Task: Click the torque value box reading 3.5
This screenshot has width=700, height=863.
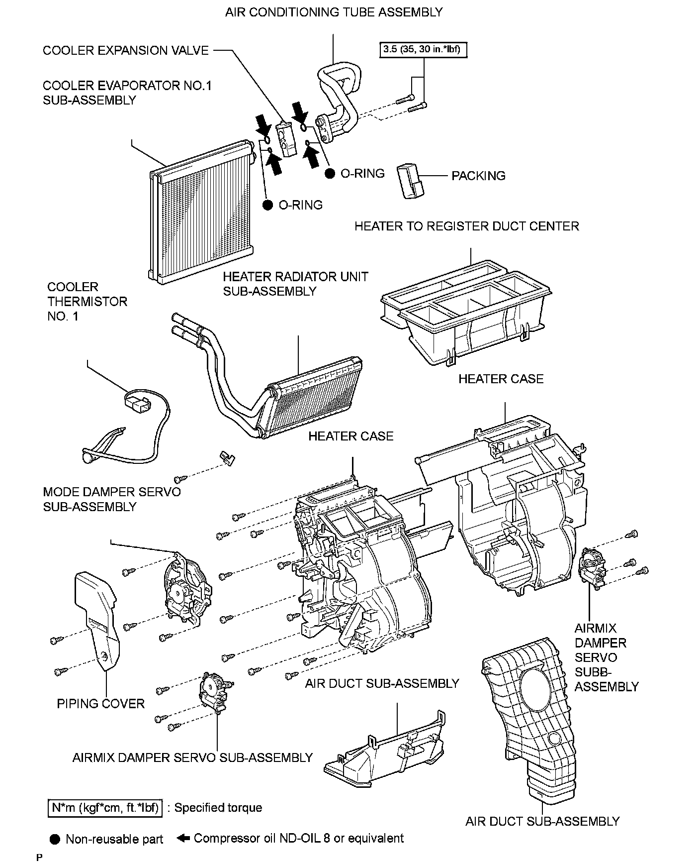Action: pyautogui.click(x=424, y=50)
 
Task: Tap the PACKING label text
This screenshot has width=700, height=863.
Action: pyautogui.click(x=478, y=176)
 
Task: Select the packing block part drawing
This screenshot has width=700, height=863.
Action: pyautogui.click(x=410, y=181)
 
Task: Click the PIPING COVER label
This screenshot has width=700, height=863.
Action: pyautogui.click(x=100, y=704)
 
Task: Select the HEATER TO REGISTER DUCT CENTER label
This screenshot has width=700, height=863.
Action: pyautogui.click(x=466, y=226)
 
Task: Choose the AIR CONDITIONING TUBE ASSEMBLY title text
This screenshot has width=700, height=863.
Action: pyautogui.click(x=334, y=12)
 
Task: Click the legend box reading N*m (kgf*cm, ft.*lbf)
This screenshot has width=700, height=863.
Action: pyautogui.click(x=105, y=807)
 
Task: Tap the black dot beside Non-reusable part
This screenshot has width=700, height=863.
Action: pyautogui.click(x=55, y=839)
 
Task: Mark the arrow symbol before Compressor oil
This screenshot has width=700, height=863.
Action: pyautogui.click(x=183, y=838)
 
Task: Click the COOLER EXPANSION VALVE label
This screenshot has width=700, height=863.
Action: pyautogui.click(x=126, y=50)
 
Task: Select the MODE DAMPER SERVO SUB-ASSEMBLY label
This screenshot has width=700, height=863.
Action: pyautogui.click(x=112, y=499)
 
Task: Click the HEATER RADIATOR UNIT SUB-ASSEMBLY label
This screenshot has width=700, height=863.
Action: pyautogui.click(x=295, y=284)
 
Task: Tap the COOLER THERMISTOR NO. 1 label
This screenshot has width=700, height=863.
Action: pyautogui.click(x=87, y=302)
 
